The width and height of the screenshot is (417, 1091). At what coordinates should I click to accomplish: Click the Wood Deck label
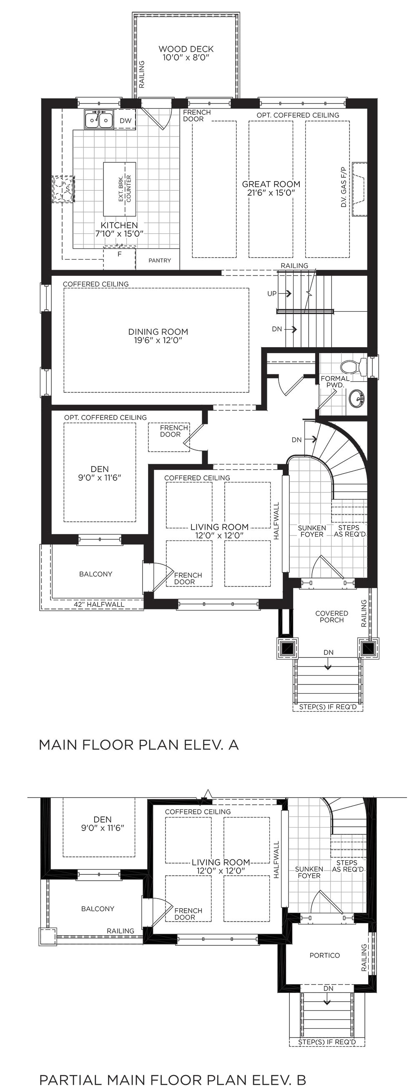[x=186, y=49]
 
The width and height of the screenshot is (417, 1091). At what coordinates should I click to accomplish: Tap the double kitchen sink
[x=99, y=119]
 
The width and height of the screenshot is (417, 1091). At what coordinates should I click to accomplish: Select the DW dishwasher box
[x=126, y=120]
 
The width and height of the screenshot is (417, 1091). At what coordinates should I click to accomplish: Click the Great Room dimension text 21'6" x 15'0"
[x=271, y=193]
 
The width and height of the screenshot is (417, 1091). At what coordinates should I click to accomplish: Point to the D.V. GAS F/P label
[x=343, y=187]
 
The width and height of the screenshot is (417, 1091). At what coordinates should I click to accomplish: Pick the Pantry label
[x=160, y=260]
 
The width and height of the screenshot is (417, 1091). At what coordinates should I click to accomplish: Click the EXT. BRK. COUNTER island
[x=120, y=189]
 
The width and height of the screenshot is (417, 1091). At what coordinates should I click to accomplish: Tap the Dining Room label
[x=158, y=332]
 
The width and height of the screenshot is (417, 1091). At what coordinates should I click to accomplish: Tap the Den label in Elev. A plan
[x=100, y=469]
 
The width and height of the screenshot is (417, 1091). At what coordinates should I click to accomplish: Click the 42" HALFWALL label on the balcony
[x=99, y=604]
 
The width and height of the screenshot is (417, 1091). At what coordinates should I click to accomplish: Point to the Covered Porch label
[x=332, y=616]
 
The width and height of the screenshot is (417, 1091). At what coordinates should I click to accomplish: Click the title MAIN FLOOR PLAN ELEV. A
[x=139, y=745]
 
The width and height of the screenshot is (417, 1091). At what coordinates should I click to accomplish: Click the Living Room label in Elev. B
[x=221, y=862]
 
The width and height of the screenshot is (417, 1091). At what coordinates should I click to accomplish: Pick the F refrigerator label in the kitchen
[x=119, y=254]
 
